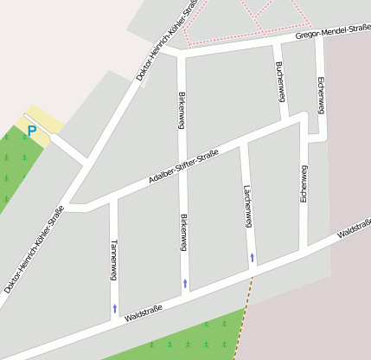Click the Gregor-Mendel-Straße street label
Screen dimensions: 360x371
[x=333, y=31]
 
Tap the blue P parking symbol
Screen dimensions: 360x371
[x=32, y=132]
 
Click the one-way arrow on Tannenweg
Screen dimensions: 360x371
[x=114, y=307]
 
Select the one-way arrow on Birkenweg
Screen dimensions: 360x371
[x=184, y=283]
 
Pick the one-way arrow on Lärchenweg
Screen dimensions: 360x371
[x=252, y=257]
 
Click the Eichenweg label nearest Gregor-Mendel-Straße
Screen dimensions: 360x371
[x=321, y=95]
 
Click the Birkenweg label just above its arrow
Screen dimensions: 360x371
[x=183, y=233]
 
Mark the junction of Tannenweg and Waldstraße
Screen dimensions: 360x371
[x=114, y=321]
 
